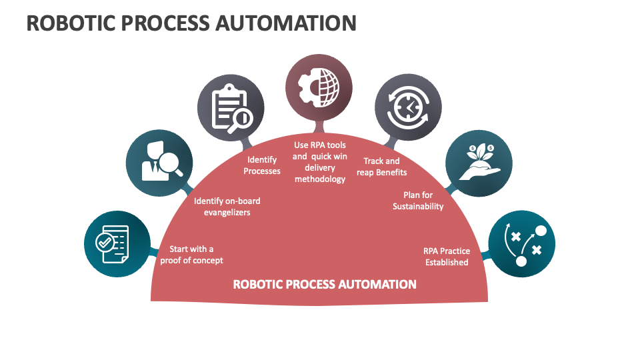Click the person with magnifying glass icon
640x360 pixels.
click(x=159, y=162)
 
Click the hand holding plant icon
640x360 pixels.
click(x=479, y=163)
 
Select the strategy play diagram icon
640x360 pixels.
click(x=521, y=243)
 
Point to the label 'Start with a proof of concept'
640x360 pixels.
click(x=191, y=255)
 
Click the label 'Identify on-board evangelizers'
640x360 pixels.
click(x=227, y=207)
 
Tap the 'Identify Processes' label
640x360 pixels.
click(x=262, y=165)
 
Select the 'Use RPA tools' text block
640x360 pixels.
click(x=320, y=161)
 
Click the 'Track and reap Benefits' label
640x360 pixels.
click(x=381, y=167)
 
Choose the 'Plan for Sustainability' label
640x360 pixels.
click(x=418, y=201)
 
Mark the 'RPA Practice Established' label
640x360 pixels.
click(x=447, y=257)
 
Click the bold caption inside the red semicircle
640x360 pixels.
click(x=325, y=285)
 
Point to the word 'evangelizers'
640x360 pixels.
click(x=227, y=213)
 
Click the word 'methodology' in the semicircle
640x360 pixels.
click(x=320, y=179)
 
